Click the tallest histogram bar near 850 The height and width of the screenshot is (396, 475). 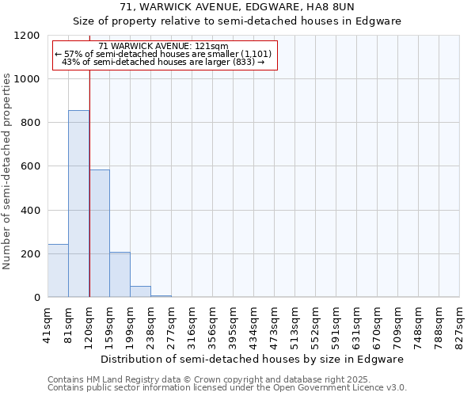click(78, 204)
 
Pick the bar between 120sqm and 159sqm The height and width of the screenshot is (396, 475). click(100, 233)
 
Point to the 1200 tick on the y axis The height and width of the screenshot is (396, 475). click(27, 36)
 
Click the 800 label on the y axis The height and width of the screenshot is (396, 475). click(30, 123)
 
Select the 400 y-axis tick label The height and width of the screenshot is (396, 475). click(30, 211)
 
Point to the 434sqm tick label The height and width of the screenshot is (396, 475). click(254, 323)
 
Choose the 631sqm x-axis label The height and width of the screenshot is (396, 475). click(357, 323)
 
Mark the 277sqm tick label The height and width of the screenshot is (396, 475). click(172, 323)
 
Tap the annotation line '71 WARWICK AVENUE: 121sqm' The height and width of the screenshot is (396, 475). click(164, 47)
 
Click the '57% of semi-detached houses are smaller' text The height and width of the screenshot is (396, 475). click(164, 54)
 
